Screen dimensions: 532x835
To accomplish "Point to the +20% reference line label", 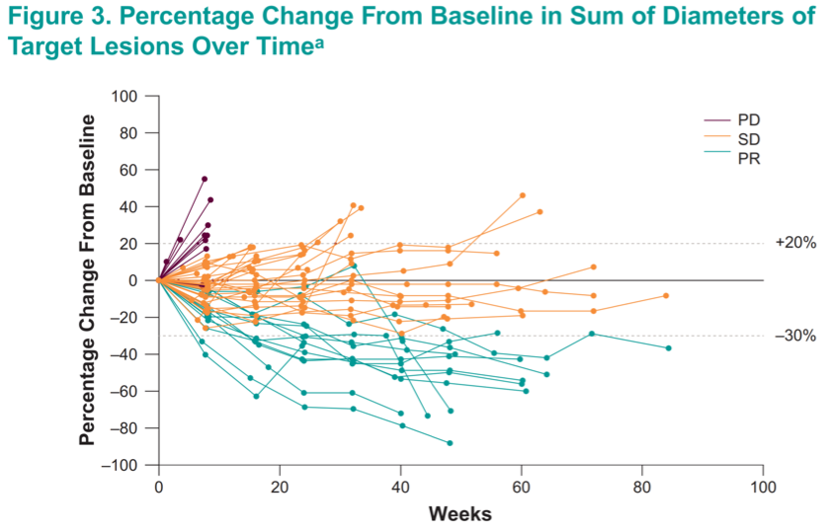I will click(x=795, y=243).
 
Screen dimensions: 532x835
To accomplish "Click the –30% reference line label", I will click(x=794, y=336).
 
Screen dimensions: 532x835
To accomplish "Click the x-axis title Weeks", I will click(x=459, y=514).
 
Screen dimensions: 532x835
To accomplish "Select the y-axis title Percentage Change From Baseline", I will click(x=89, y=279).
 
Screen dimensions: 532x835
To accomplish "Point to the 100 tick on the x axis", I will click(x=763, y=488).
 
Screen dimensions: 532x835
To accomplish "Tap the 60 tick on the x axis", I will click(x=522, y=488).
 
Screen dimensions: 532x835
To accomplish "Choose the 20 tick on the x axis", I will click(x=280, y=488).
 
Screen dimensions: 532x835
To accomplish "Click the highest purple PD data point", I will click(x=205, y=179).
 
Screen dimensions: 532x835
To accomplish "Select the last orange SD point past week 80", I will click(x=666, y=295).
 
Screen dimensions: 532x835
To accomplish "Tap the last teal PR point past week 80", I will click(x=668, y=347).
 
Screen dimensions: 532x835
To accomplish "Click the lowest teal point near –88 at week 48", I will click(x=450, y=443).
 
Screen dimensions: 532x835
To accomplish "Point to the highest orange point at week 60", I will click(x=523, y=195).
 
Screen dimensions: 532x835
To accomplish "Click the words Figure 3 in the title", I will click(x=59, y=17).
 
